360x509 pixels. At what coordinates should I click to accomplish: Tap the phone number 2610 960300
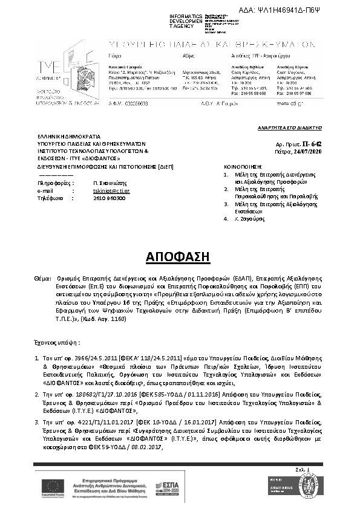[x=106, y=197]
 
